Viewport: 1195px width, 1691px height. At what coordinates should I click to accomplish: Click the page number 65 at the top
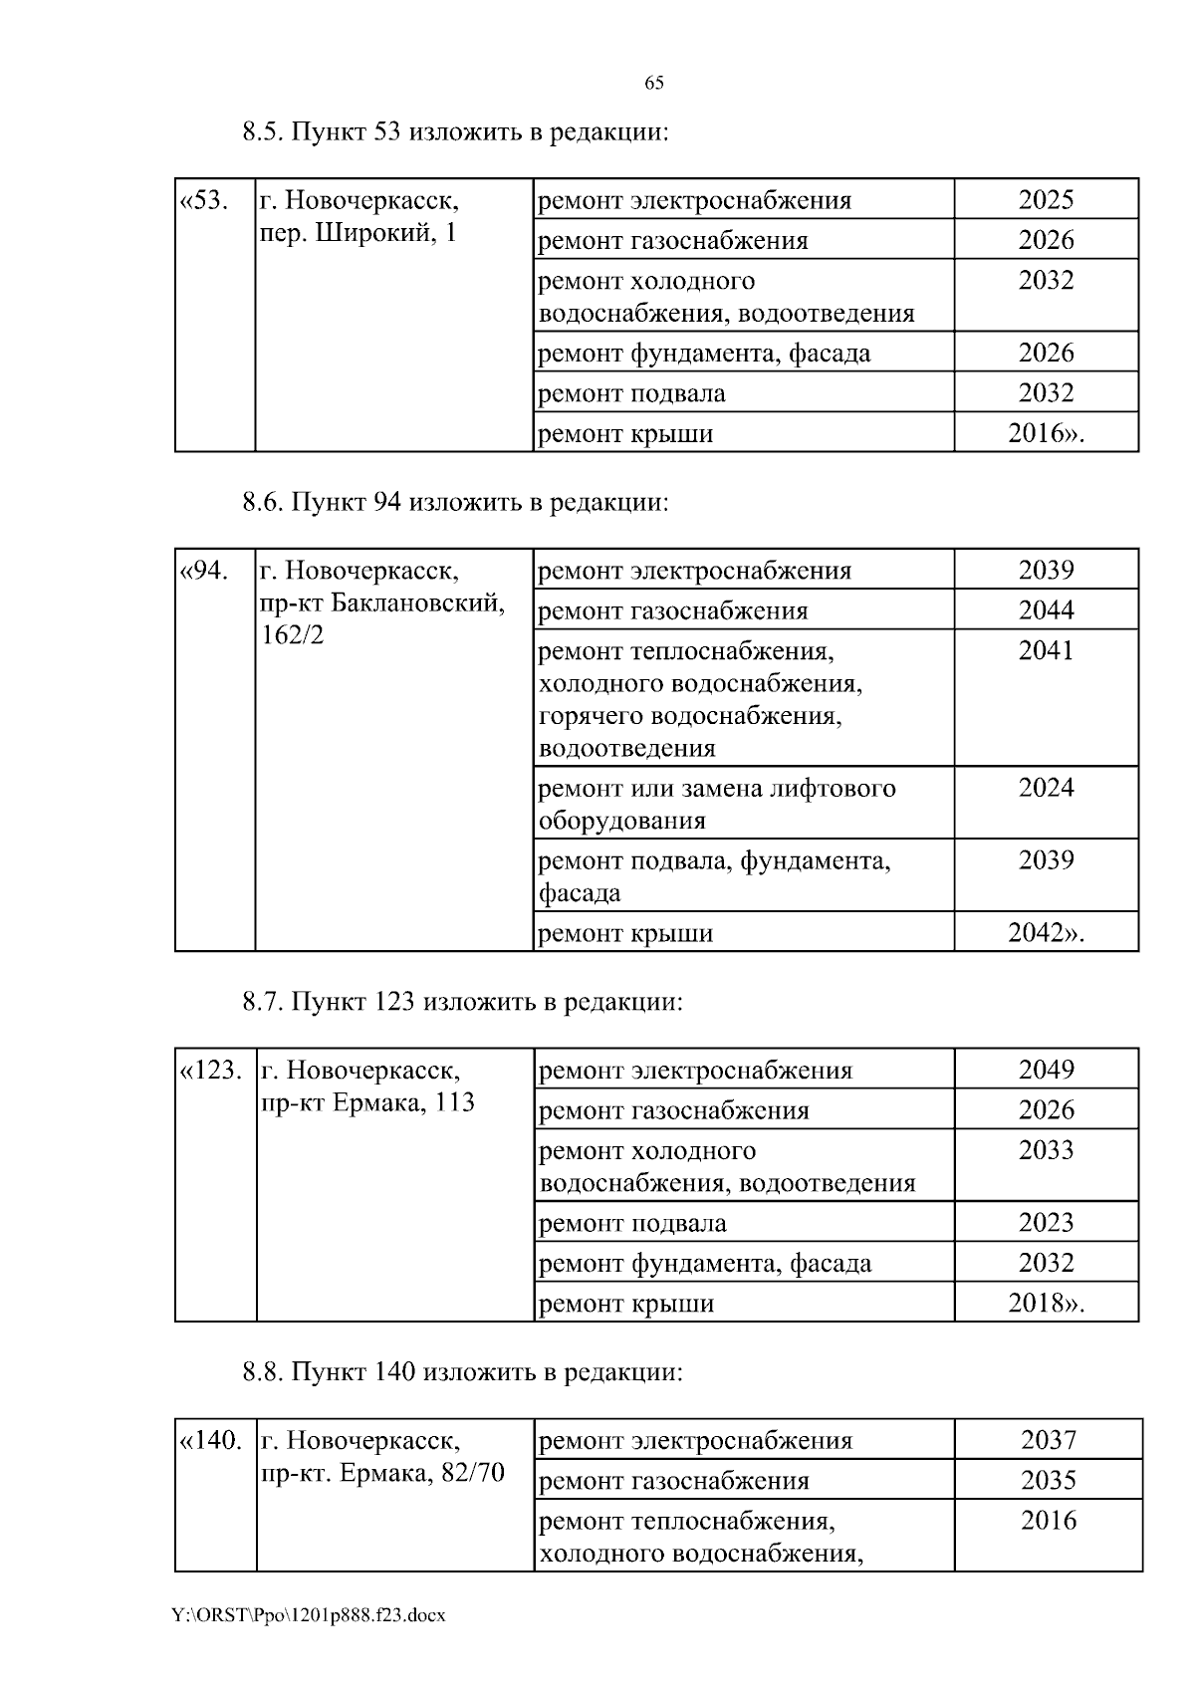(653, 83)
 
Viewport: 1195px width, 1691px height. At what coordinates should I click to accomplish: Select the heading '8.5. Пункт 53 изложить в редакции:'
(454, 132)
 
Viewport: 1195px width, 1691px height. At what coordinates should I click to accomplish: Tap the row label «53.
(203, 201)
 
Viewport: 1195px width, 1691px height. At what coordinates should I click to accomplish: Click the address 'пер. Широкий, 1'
(358, 235)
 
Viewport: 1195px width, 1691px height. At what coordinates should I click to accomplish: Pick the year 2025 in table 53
(1046, 200)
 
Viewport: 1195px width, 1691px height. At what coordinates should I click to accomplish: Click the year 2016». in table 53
(1046, 433)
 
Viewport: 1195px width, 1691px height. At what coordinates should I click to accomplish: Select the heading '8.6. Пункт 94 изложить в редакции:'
(455, 503)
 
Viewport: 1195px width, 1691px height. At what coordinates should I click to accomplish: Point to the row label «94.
(203, 572)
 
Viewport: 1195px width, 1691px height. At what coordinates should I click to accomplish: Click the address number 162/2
(292, 635)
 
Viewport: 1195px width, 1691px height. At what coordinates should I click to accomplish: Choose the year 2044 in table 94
(1046, 610)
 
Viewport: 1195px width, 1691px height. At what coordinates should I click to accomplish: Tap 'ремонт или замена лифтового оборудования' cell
(717, 804)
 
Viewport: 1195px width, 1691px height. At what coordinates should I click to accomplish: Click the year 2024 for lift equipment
(1046, 788)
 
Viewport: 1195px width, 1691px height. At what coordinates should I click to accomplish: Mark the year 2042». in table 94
(1046, 933)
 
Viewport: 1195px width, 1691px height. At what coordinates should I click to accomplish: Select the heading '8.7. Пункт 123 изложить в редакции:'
(463, 1001)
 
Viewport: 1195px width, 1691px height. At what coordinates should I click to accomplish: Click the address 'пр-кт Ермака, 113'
(367, 1103)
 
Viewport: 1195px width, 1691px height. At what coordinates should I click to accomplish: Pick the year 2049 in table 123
(1046, 1070)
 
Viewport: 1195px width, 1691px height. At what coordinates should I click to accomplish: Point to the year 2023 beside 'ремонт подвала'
(1046, 1223)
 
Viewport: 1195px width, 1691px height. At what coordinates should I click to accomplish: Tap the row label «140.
(210, 1441)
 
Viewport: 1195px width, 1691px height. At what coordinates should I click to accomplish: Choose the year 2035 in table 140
(1049, 1481)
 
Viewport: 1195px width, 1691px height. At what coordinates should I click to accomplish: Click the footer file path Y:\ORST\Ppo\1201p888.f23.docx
(309, 1615)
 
